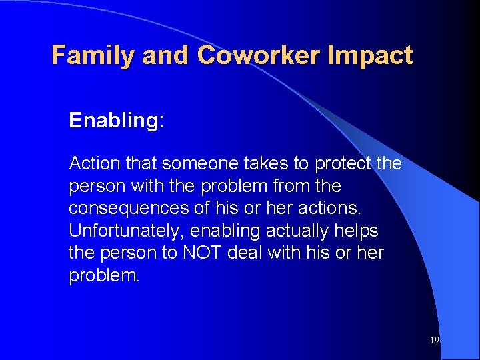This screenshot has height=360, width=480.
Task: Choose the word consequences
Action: coord(128,209)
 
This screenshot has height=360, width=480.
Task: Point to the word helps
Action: coord(357,231)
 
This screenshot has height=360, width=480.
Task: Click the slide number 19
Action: coord(434,340)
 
